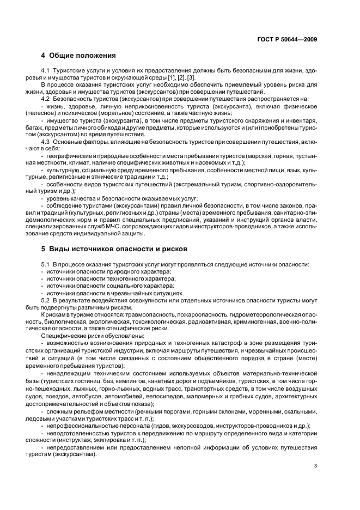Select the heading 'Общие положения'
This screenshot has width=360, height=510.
(x=82, y=56)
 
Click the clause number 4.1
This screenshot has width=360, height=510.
(x=46, y=72)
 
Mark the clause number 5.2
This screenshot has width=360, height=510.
(x=46, y=300)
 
